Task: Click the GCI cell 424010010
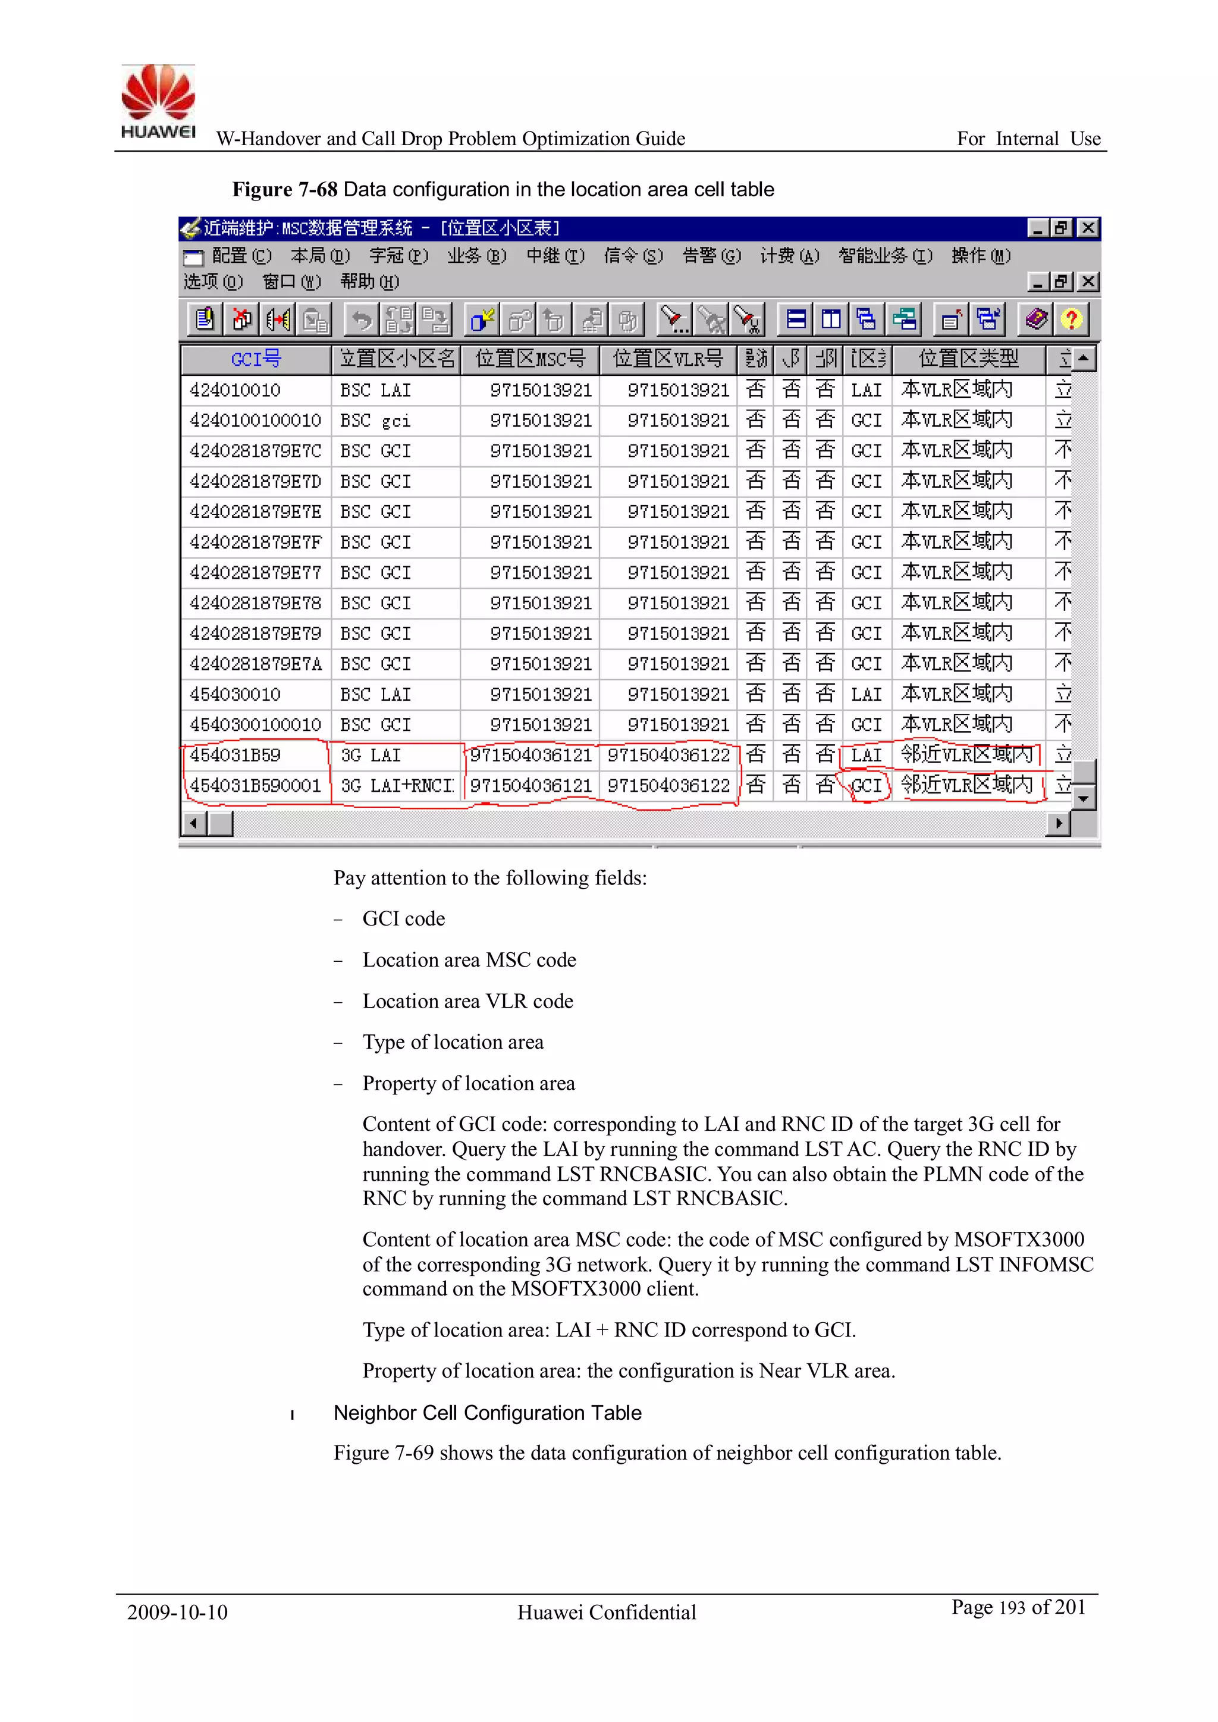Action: (x=236, y=390)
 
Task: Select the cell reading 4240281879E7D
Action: (x=255, y=481)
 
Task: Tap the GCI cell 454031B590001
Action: (x=255, y=785)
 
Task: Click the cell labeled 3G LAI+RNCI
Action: (x=397, y=785)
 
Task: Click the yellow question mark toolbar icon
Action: (x=1071, y=320)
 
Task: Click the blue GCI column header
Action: (x=256, y=359)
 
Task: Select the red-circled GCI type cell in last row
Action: (x=867, y=785)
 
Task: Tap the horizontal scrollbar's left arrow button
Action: (x=193, y=823)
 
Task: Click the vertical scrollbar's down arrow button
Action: (x=1083, y=799)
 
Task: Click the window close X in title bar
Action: (x=1088, y=228)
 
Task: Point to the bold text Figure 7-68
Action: (x=284, y=190)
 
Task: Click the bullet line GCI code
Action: (x=403, y=919)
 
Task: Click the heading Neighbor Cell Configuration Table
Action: (x=488, y=1413)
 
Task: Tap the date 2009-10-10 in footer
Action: (x=177, y=1613)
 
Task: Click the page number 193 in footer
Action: (x=1012, y=1608)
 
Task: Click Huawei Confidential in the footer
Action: (x=606, y=1613)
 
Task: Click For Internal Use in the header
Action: (x=1028, y=139)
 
